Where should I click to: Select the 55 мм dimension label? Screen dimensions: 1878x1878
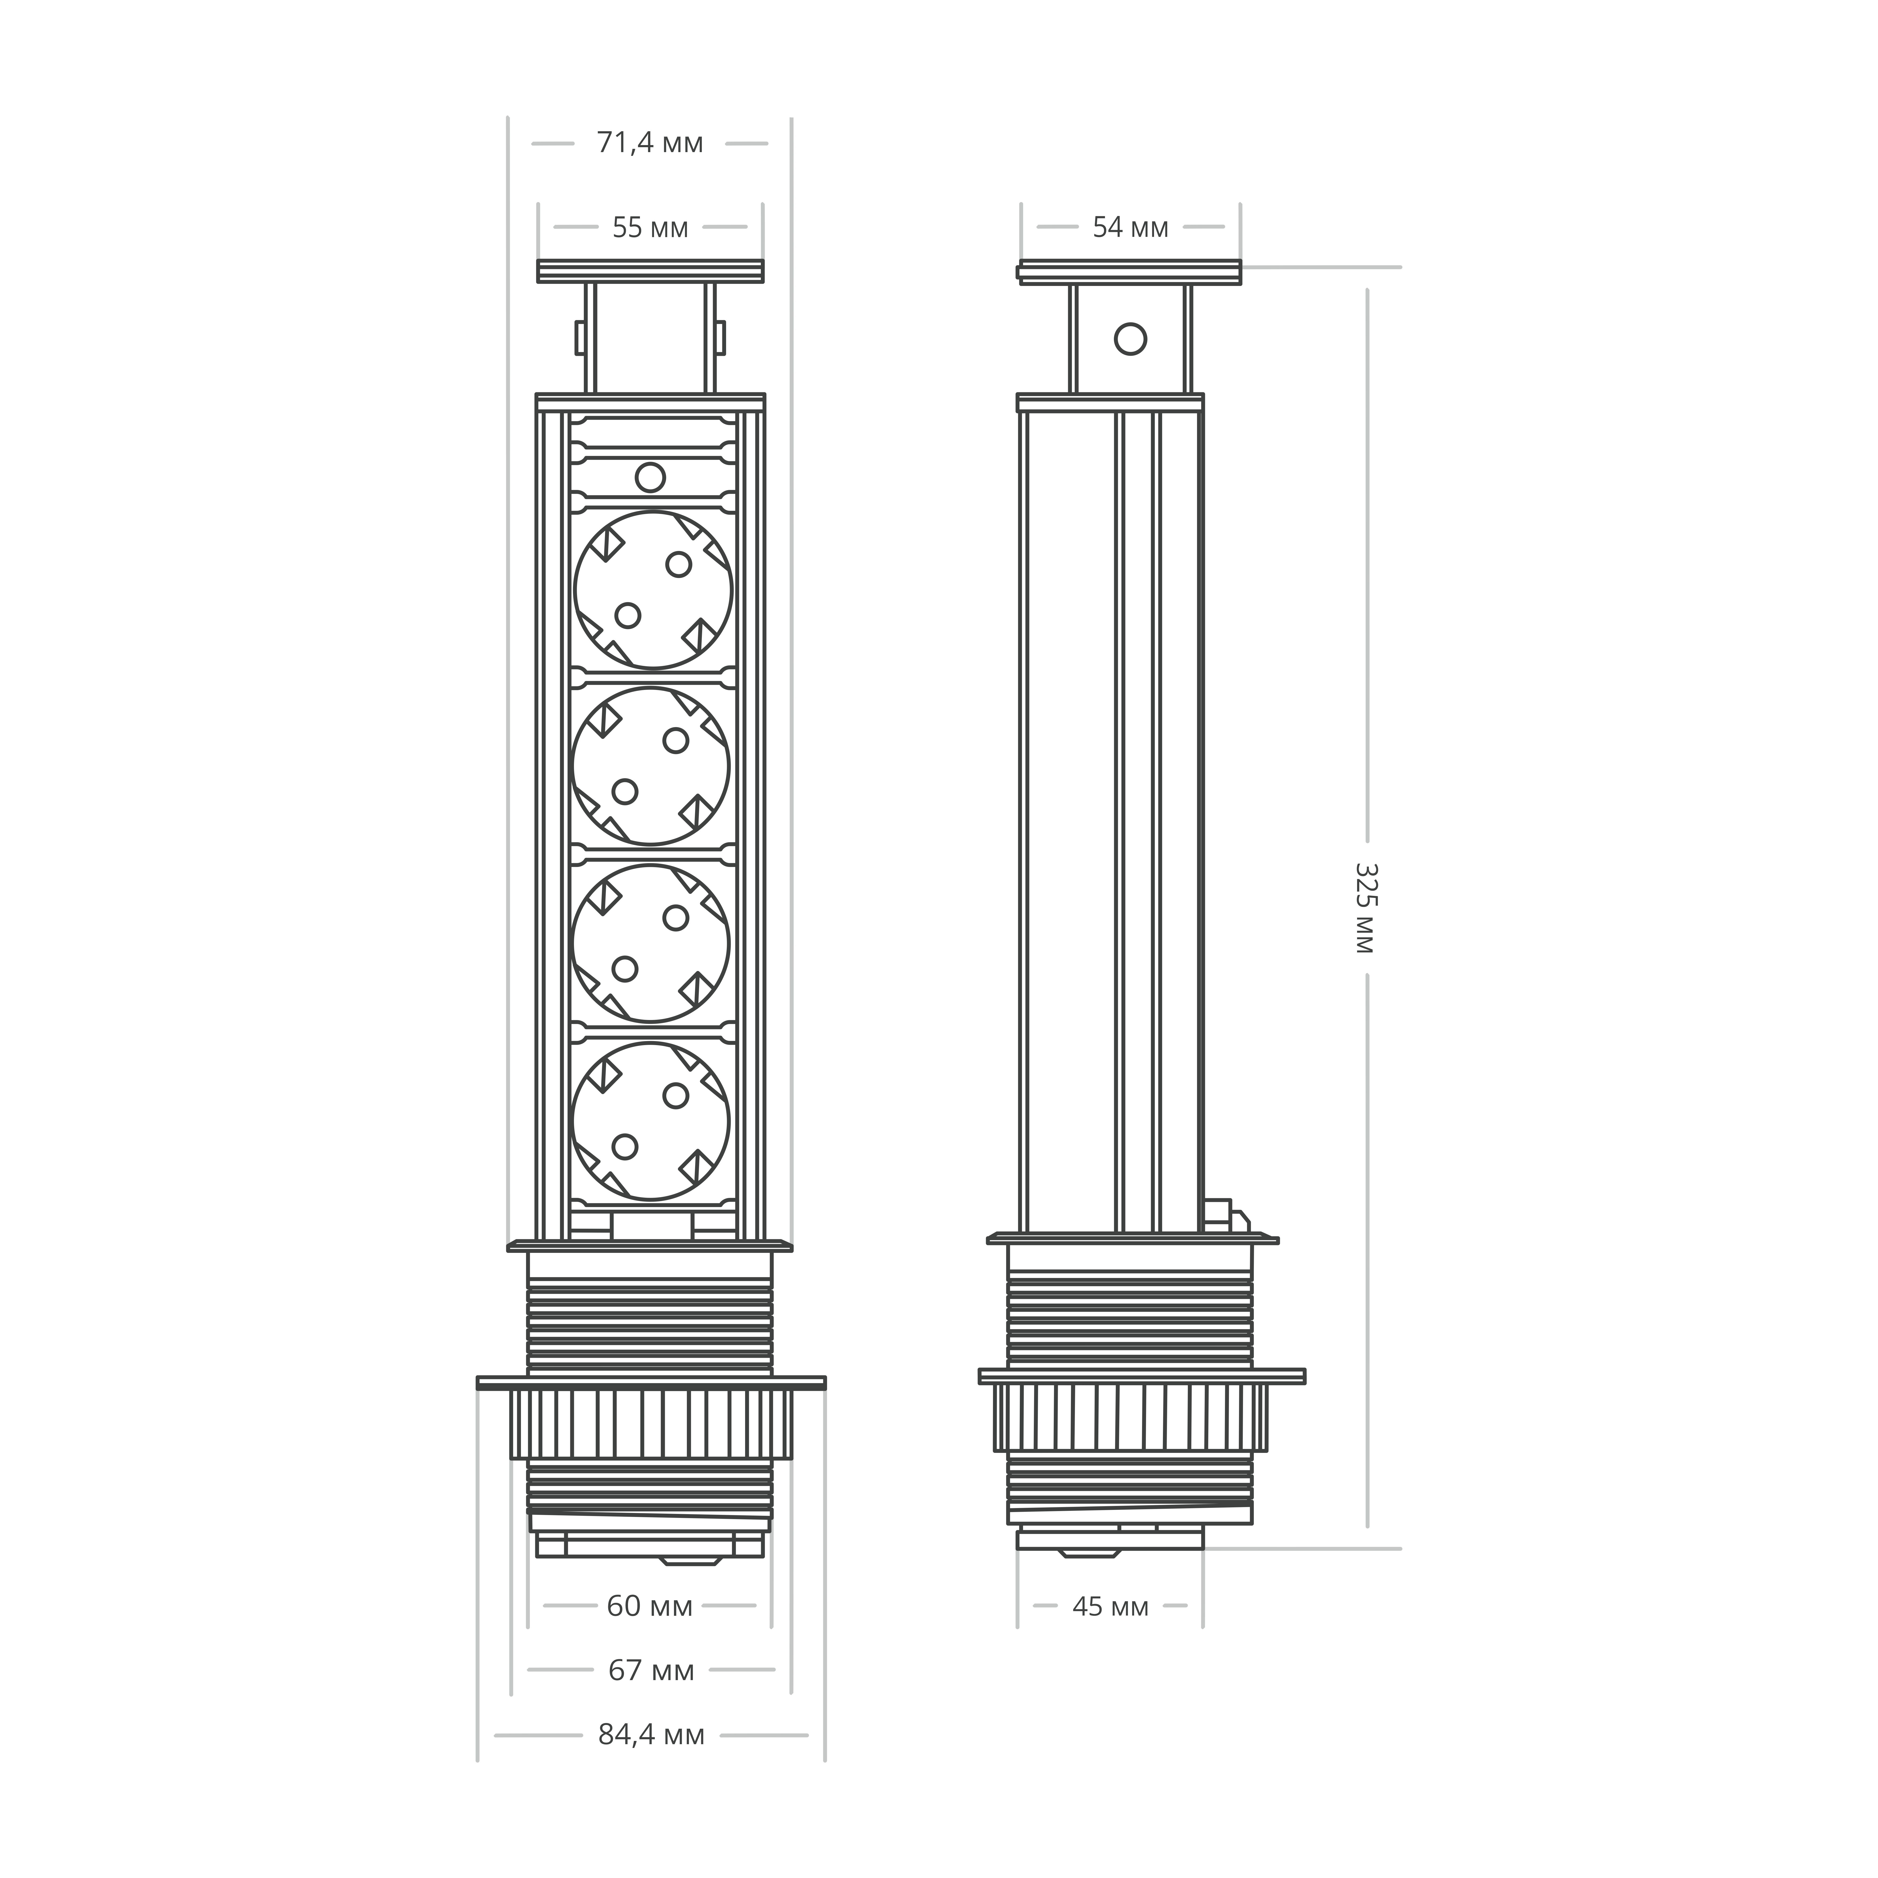(649, 227)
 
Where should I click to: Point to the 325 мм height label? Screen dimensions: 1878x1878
(1365, 908)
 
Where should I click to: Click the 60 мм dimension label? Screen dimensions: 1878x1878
(649, 1606)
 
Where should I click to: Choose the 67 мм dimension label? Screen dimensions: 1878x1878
(651, 1670)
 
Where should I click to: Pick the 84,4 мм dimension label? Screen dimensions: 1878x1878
(651, 1734)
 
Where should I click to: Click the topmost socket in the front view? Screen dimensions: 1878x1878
(652, 590)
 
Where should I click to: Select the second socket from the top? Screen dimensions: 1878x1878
(650, 766)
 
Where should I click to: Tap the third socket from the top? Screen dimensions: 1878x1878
(650, 943)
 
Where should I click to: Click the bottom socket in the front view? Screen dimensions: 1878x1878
(650, 1121)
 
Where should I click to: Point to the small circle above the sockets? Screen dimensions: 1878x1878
(649, 477)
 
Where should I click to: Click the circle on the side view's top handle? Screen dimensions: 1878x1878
(1130, 339)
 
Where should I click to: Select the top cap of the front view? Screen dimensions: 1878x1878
(650, 271)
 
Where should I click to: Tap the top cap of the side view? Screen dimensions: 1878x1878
(1128, 272)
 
